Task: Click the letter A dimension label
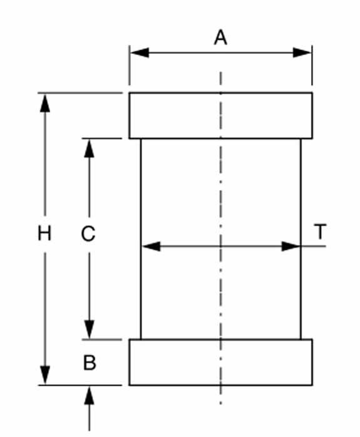(220, 38)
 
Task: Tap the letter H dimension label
(44, 234)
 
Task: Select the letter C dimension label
(88, 234)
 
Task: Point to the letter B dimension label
(90, 362)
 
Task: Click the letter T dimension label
(320, 232)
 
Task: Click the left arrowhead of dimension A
(140, 53)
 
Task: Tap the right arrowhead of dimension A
(302, 53)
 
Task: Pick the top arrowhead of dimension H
(45, 103)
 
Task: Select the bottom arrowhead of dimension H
(45, 376)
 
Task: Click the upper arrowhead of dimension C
(89, 148)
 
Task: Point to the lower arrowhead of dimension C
(89, 329)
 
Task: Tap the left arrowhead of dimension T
(151, 247)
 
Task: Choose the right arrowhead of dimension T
(291, 247)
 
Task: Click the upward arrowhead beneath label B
(89, 396)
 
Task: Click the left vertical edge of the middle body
(141, 239)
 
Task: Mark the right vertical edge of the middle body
(301, 239)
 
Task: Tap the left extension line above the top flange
(130, 65)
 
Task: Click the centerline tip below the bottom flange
(220, 403)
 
